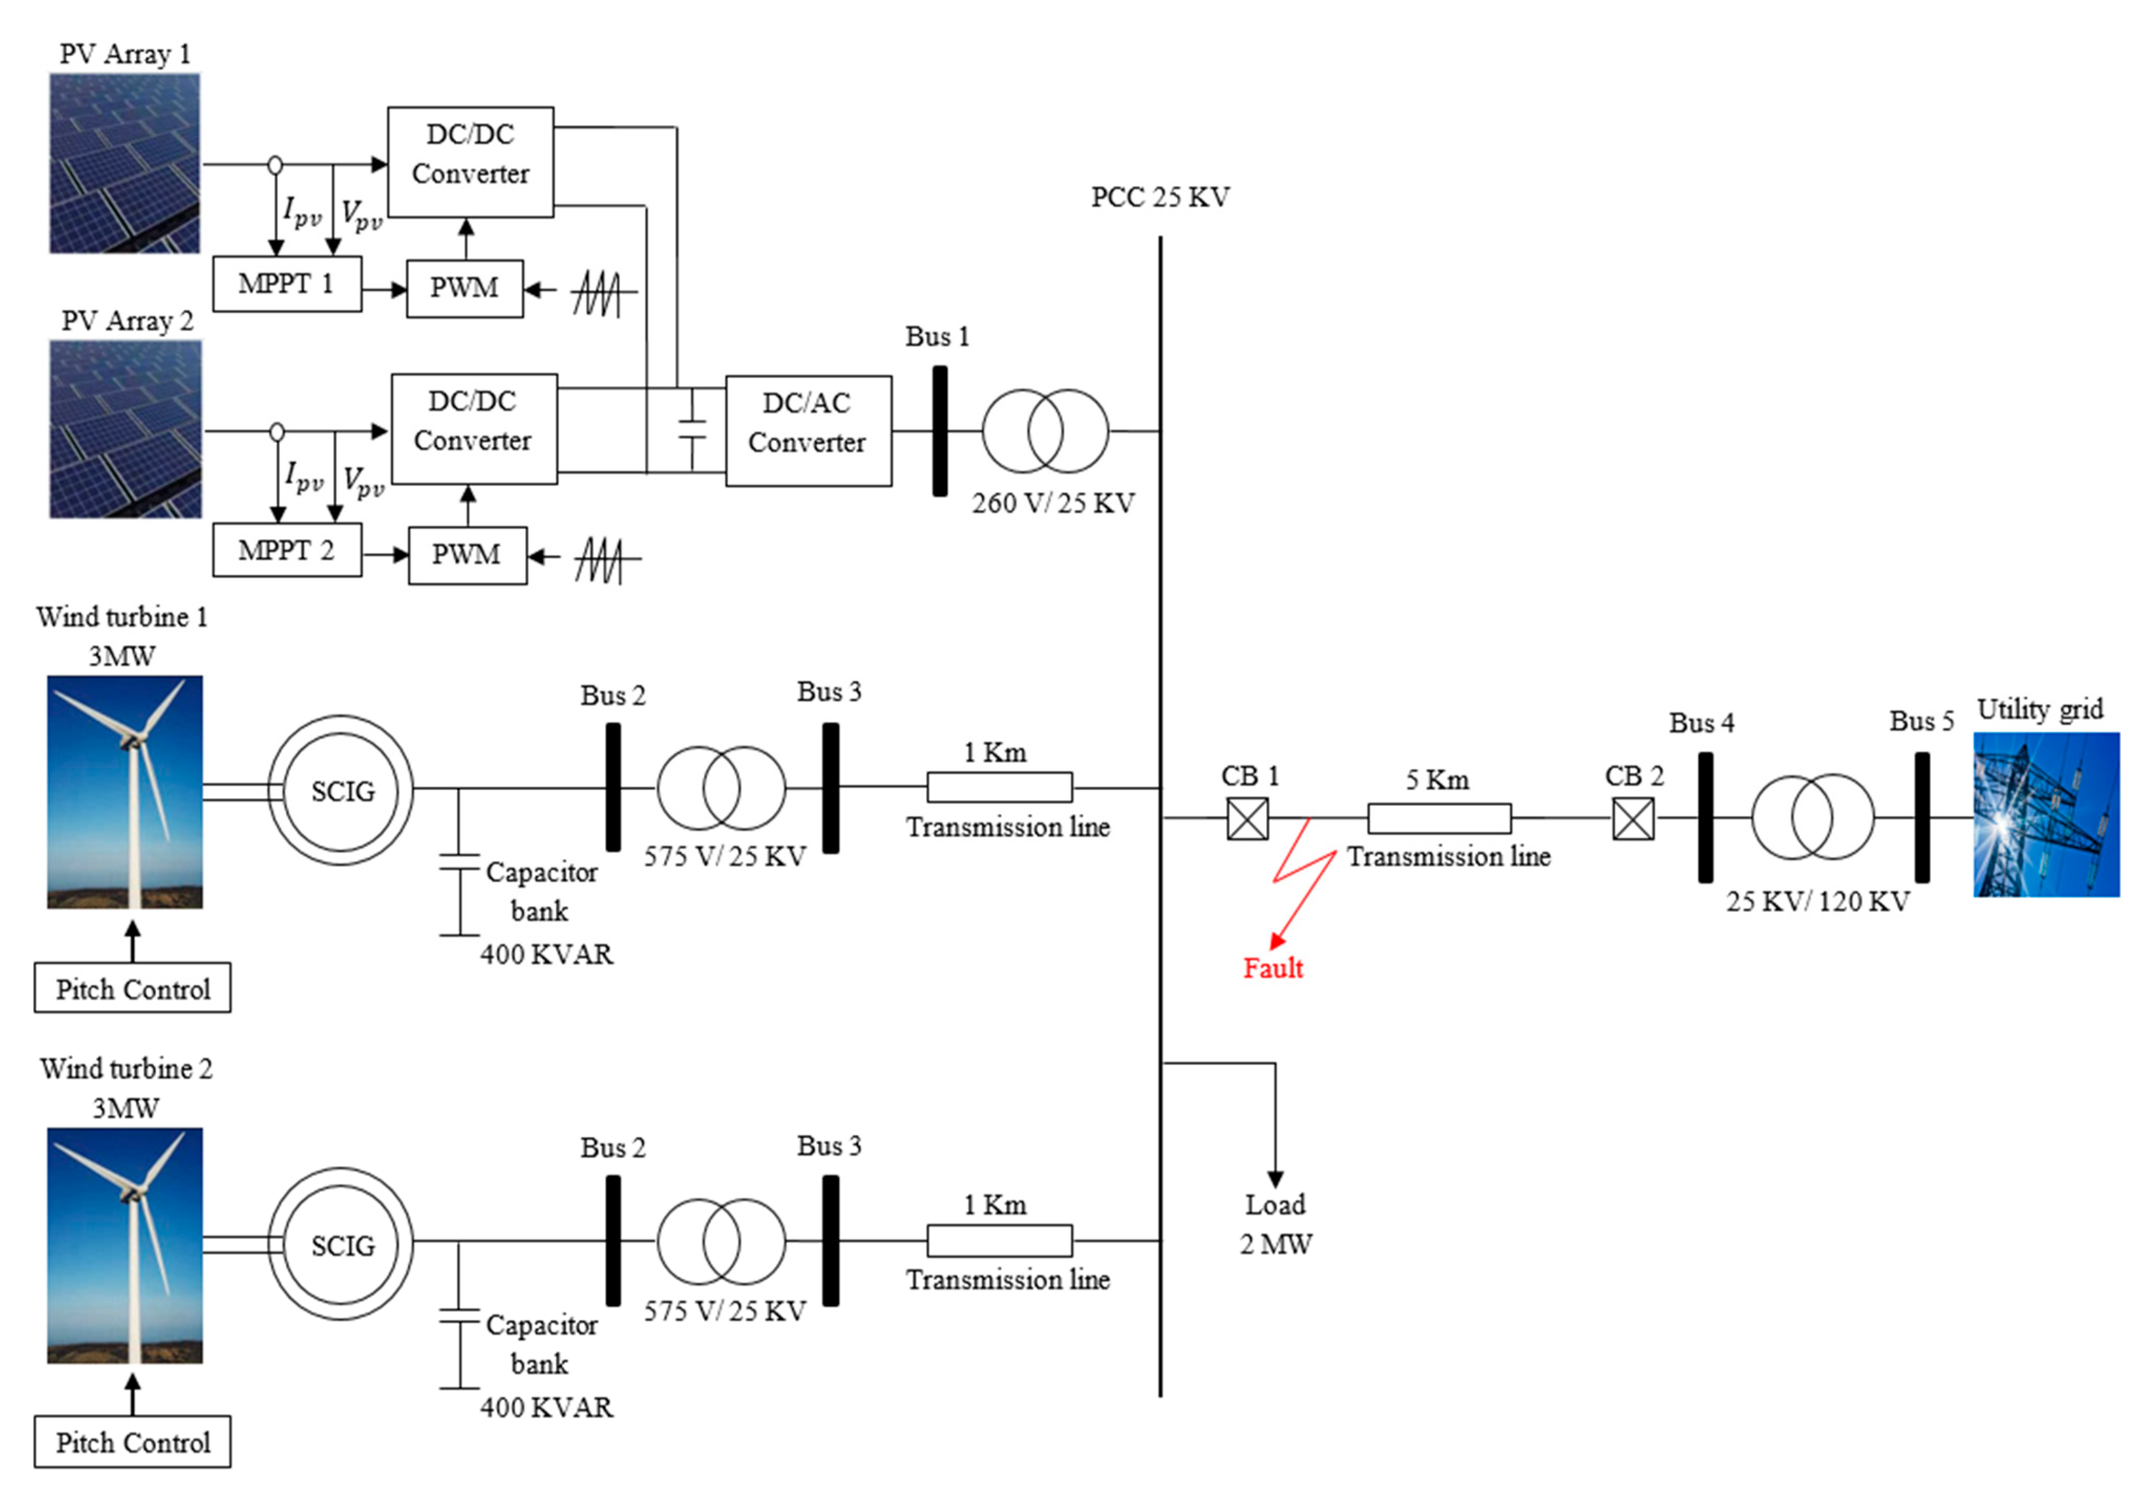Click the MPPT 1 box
(x=287, y=284)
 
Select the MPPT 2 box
(x=287, y=550)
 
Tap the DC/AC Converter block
(x=808, y=431)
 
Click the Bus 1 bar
(x=940, y=431)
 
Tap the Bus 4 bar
(x=1706, y=817)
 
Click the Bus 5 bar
(x=1922, y=817)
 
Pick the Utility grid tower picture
(x=2046, y=814)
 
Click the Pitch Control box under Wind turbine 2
(x=132, y=1441)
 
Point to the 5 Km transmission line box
(x=1438, y=818)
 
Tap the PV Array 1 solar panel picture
(x=124, y=164)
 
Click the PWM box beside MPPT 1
(x=464, y=288)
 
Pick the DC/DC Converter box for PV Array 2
(x=473, y=429)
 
